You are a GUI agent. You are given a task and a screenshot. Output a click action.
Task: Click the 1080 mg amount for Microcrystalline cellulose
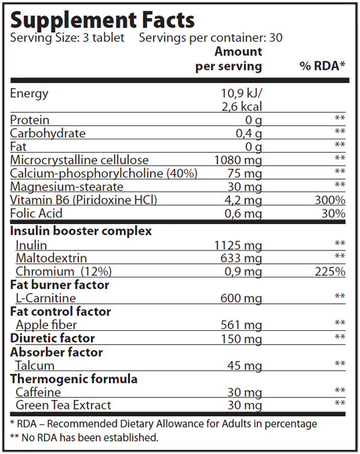click(x=238, y=160)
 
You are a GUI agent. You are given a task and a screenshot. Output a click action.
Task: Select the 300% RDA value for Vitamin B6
click(x=331, y=200)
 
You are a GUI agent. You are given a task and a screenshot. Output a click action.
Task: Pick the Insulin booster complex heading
click(x=81, y=231)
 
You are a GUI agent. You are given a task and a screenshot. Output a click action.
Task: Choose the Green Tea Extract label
click(x=63, y=405)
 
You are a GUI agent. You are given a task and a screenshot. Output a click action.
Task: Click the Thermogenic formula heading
click(x=74, y=379)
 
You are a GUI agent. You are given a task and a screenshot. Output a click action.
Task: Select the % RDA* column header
click(x=322, y=66)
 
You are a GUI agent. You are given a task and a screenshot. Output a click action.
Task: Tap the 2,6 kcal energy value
click(x=241, y=107)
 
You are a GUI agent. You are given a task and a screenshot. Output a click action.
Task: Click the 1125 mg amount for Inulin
click(x=238, y=245)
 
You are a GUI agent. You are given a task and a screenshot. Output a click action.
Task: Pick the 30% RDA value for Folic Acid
click(x=334, y=213)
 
